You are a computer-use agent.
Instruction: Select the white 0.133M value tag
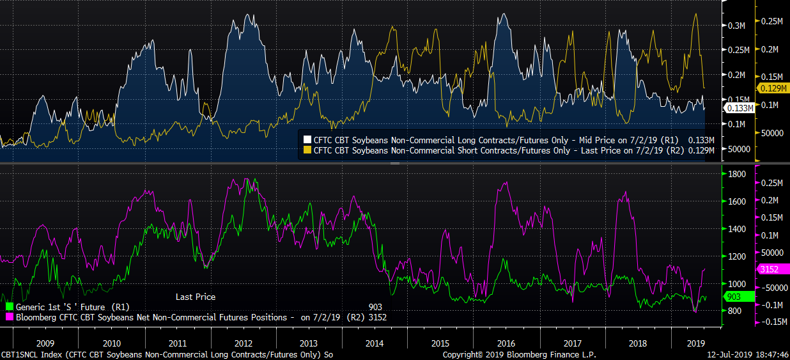pyautogui.click(x=739, y=108)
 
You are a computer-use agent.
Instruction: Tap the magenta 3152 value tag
pyautogui.click(x=770, y=269)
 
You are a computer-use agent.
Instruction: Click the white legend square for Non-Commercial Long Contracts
pyautogui.click(x=307, y=139)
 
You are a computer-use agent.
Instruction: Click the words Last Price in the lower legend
pyautogui.click(x=196, y=297)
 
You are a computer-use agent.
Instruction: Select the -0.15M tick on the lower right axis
pyautogui.click(x=772, y=322)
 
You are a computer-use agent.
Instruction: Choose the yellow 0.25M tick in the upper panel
pyautogui.click(x=772, y=21)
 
